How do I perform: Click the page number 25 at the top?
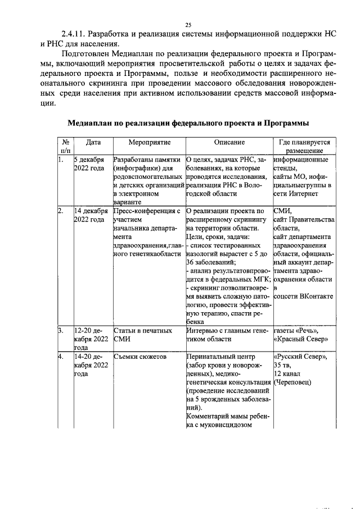[x=188, y=24]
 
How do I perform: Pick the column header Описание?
[x=229, y=143]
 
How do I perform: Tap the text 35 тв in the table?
[x=282, y=365]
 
